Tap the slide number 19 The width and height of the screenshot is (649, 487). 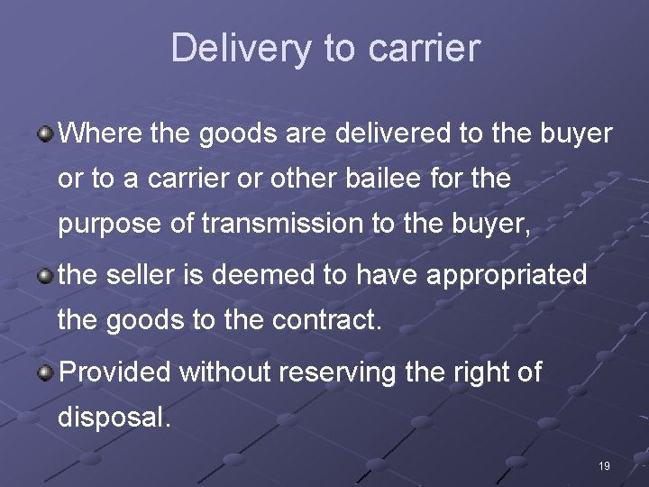pyautogui.click(x=604, y=466)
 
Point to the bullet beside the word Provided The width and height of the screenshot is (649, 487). pyautogui.click(x=44, y=372)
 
